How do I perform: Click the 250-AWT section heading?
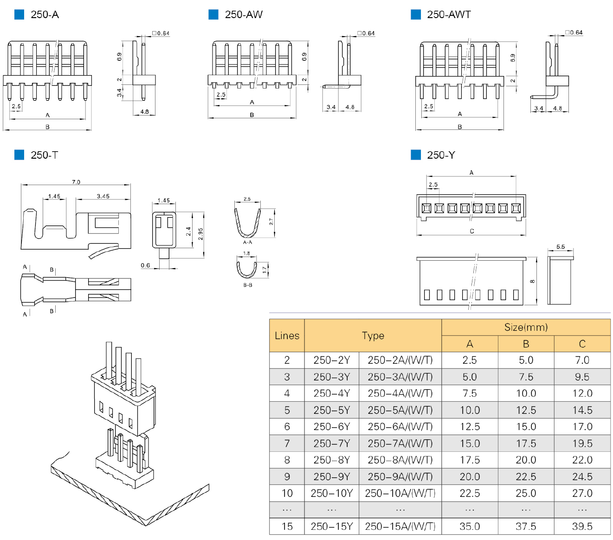[x=448, y=14]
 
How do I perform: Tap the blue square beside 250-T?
[x=19, y=154]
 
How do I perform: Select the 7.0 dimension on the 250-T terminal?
[x=76, y=182]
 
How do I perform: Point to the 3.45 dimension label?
[x=103, y=196]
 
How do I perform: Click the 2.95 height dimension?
[x=200, y=233]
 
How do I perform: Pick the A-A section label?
[x=247, y=242]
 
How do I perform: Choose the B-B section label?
[x=247, y=285]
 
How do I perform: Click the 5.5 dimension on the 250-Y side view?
[x=561, y=246]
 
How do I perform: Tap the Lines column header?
[x=287, y=335]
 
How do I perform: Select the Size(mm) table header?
[x=526, y=327]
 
